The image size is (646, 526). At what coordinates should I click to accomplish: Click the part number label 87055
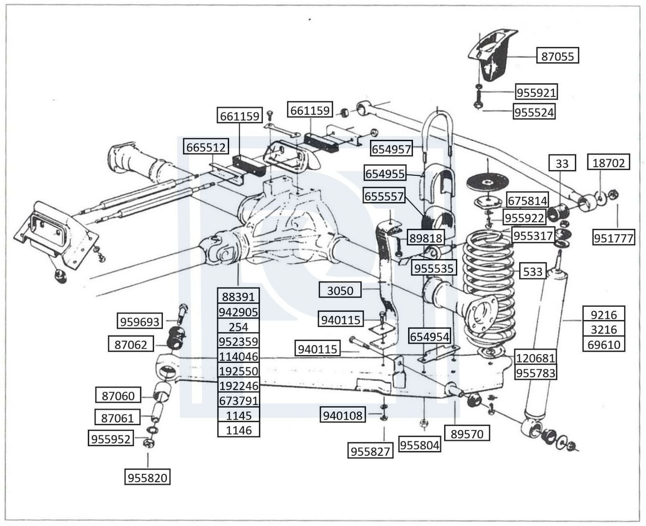pyautogui.click(x=557, y=56)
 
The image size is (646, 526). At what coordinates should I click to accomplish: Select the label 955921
pyautogui.click(x=536, y=92)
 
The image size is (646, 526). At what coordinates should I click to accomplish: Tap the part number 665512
pyautogui.click(x=206, y=147)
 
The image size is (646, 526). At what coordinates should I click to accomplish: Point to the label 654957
pyautogui.click(x=391, y=148)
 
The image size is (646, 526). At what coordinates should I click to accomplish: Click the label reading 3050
pyautogui.click(x=340, y=290)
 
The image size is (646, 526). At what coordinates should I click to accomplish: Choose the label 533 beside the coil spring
pyautogui.click(x=532, y=271)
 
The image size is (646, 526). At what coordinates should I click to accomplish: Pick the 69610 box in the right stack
pyautogui.click(x=604, y=344)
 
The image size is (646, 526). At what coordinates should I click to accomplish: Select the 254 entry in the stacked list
pyautogui.click(x=238, y=326)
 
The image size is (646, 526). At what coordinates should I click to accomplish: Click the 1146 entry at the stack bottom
pyautogui.click(x=238, y=430)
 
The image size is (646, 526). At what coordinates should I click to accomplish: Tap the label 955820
pyautogui.click(x=147, y=477)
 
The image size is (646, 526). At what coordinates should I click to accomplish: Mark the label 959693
pyautogui.click(x=140, y=320)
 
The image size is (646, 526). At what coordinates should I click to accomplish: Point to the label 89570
pyautogui.click(x=467, y=433)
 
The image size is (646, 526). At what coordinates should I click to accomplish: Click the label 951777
pyautogui.click(x=613, y=237)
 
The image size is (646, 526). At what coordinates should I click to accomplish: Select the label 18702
pyautogui.click(x=608, y=162)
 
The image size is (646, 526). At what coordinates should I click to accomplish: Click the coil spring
pyautogui.click(x=489, y=291)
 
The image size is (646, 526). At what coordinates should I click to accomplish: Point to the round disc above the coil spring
pyautogui.click(x=488, y=181)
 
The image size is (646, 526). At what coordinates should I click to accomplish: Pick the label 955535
pyautogui.click(x=434, y=267)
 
